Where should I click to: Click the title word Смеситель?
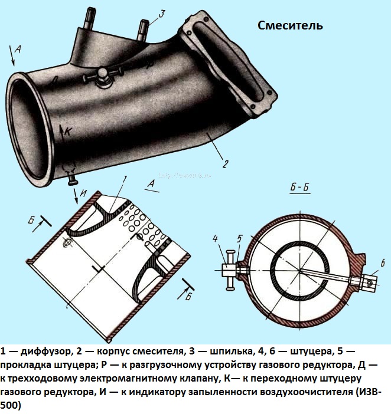click(x=290, y=25)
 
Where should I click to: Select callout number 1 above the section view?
click(x=125, y=179)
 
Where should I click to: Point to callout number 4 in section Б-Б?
click(x=217, y=239)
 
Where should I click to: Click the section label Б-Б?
click(x=301, y=188)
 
